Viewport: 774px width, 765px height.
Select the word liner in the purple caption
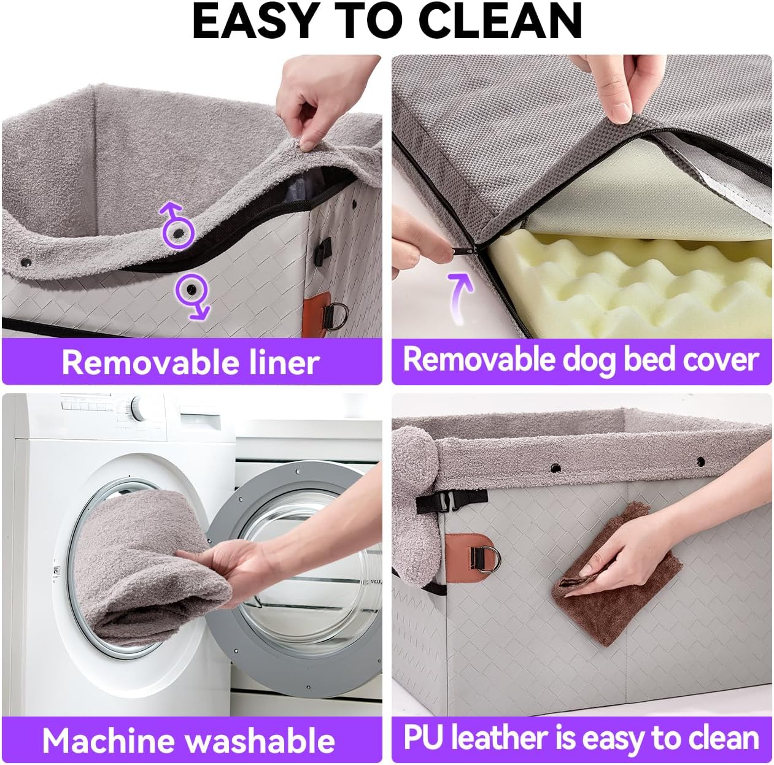click(x=284, y=363)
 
